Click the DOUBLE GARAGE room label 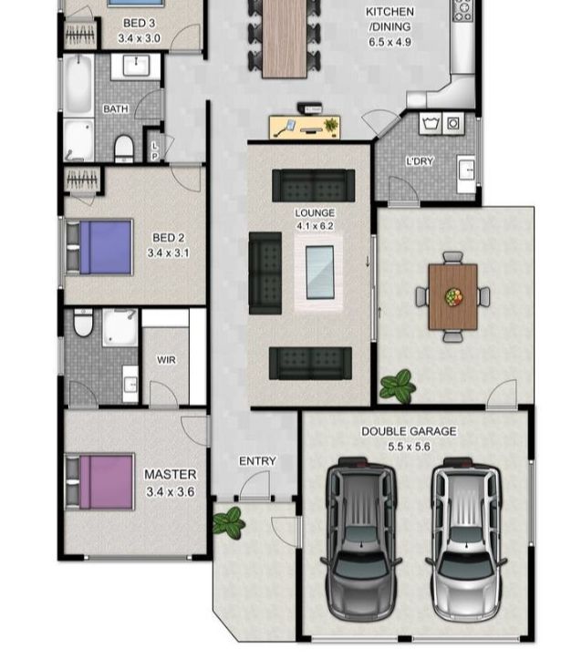[x=408, y=431]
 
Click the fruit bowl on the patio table [x=453, y=296]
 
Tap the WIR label [x=166, y=360]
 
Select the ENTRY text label [x=257, y=461]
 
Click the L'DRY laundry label [x=420, y=161]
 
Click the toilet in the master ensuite [x=84, y=323]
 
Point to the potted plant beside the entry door [x=228, y=522]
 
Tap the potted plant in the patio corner [x=398, y=386]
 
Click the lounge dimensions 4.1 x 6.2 [x=314, y=225]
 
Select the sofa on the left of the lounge [x=265, y=272]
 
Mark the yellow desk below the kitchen [x=304, y=127]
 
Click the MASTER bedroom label [x=170, y=474]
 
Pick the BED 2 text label [x=169, y=238]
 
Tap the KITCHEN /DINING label [x=389, y=19]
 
